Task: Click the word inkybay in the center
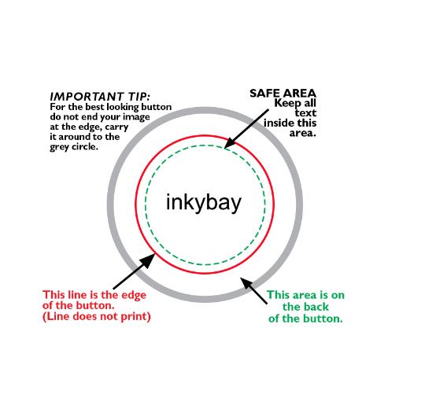pos(204,203)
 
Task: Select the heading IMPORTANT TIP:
pos(100,97)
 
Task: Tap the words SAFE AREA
pos(283,93)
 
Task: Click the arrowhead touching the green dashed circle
pos(230,143)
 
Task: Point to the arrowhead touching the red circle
pos(148,260)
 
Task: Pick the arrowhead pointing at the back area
pos(246,283)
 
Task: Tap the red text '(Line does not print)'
pos(97,316)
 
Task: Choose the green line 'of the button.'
pos(305,319)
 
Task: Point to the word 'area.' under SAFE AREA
pos(303,133)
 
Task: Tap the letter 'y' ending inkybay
pos(236,205)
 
